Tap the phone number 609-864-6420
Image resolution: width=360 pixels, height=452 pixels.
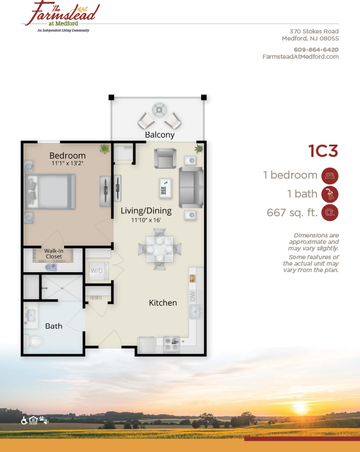coord(316,49)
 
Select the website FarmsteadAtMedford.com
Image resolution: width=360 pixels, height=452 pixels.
coord(301,56)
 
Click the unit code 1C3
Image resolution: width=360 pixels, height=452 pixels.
coord(324,151)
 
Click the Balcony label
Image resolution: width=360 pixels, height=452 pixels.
coord(159,135)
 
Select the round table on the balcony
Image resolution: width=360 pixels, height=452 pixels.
coord(159,110)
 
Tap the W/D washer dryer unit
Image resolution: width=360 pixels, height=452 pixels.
coord(96,272)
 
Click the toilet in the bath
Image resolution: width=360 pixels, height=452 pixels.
coord(35,341)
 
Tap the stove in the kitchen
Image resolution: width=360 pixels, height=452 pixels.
coord(171,343)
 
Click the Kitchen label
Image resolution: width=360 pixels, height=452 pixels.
coord(162,303)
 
